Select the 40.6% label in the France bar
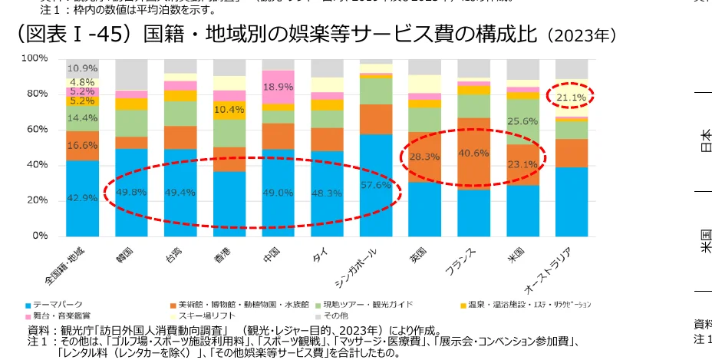coord(474,152)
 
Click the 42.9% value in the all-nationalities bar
coord(82,197)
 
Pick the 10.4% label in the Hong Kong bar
coord(229,110)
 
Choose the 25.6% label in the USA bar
coord(523,121)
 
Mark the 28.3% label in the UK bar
coord(424,157)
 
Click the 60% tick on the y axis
coord(36,129)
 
